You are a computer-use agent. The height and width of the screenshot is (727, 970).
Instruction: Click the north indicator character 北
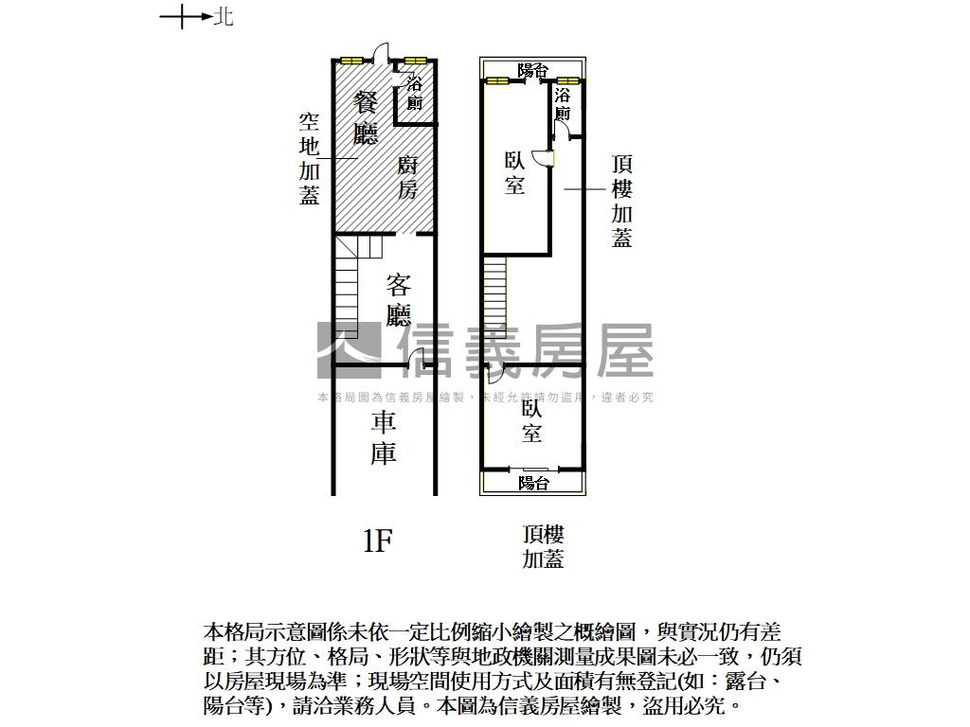click(224, 16)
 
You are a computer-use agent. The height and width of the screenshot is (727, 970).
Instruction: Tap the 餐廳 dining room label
click(366, 117)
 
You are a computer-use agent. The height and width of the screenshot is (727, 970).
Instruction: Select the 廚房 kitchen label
click(406, 177)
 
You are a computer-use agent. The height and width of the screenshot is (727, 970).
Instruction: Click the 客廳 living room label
click(399, 299)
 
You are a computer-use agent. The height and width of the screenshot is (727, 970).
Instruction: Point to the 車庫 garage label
click(383, 438)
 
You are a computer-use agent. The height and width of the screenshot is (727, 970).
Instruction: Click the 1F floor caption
click(377, 541)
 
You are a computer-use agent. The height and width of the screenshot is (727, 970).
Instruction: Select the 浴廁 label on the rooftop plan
click(564, 104)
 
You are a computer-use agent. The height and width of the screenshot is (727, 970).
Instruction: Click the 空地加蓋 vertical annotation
click(309, 158)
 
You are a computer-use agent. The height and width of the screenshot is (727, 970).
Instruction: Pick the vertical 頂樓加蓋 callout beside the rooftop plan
click(621, 201)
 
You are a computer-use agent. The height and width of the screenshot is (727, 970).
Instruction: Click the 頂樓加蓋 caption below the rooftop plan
click(543, 547)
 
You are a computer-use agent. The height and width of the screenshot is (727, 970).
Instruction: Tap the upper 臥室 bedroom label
click(514, 173)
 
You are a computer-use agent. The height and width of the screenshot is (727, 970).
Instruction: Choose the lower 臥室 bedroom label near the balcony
click(531, 422)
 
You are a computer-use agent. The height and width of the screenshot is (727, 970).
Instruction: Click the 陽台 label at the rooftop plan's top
click(533, 70)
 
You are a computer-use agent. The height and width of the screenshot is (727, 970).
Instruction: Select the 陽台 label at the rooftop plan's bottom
click(534, 483)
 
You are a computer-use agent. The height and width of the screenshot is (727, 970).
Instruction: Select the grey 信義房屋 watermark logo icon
click(349, 349)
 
